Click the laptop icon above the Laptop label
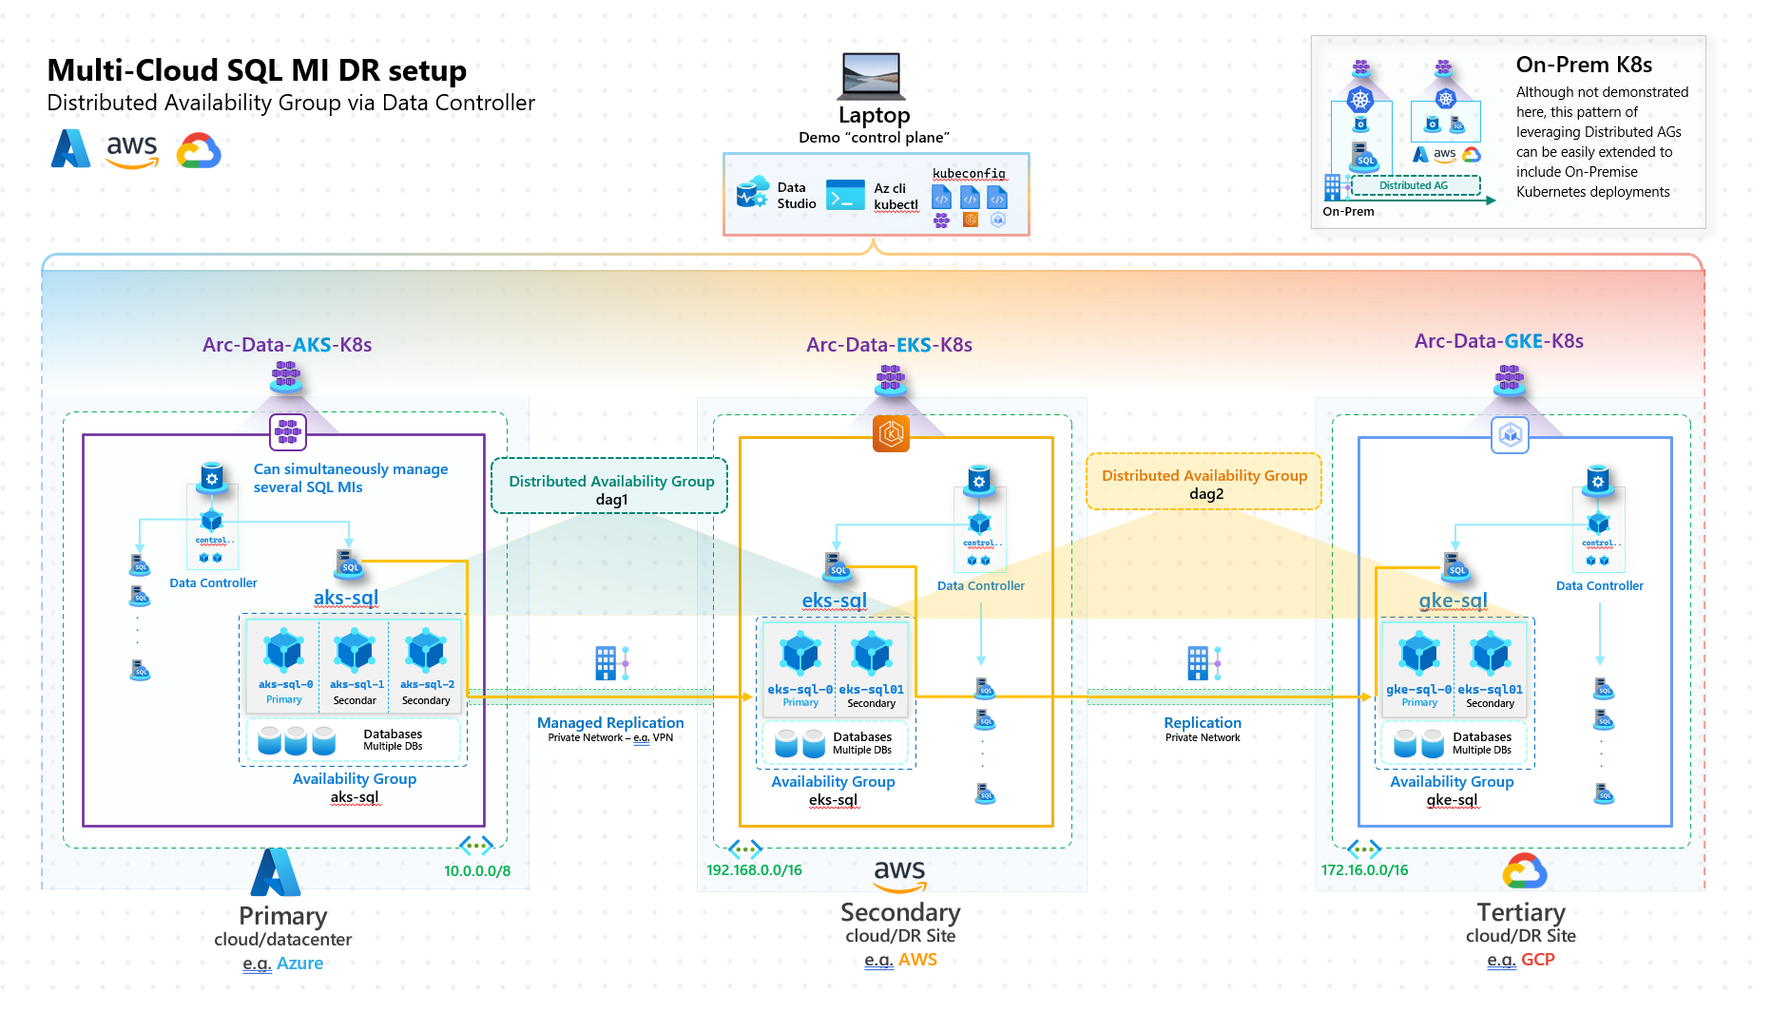click(x=872, y=76)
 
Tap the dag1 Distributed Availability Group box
click(x=610, y=486)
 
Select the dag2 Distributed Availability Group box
click(x=1204, y=483)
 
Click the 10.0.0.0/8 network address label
click(x=476, y=870)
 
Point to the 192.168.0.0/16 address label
click(x=754, y=869)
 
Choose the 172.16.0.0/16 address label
click(x=1364, y=869)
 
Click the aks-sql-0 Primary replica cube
click(x=283, y=652)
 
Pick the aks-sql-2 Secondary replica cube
click(x=426, y=652)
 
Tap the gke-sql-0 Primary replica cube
click(x=1418, y=654)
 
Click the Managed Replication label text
click(x=610, y=722)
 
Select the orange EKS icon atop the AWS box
click(x=891, y=434)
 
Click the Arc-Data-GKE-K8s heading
click(x=1498, y=341)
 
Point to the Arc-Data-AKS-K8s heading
click(x=286, y=345)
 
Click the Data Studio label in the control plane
click(x=796, y=195)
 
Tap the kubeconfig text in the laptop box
click(x=968, y=174)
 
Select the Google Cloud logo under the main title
click(x=199, y=151)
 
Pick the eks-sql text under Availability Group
click(x=833, y=800)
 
